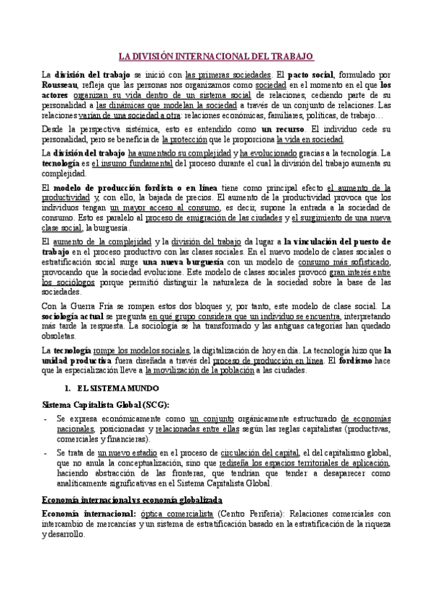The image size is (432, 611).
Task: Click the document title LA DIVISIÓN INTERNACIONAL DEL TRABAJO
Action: point(216,55)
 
